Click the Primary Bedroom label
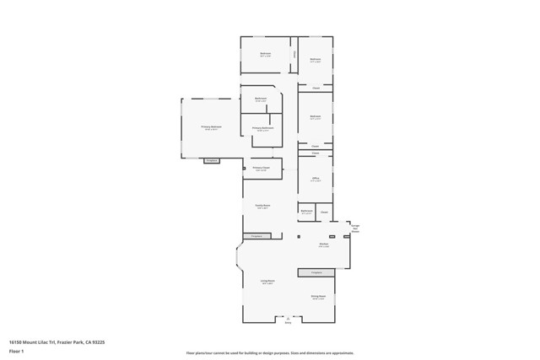click(211, 127)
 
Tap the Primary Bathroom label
click(262, 129)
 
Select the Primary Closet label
click(260, 168)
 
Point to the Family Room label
click(262, 206)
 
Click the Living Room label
click(267, 282)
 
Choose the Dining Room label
click(317, 297)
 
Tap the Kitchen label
click(323, 245)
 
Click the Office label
click(316, 179)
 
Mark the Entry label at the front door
click(288, 321)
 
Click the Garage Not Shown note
click(355, 228)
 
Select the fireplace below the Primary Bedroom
click(212, 160)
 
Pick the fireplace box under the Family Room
click(257, 236)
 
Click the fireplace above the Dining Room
click(316, 272)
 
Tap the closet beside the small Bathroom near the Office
click(324, 211)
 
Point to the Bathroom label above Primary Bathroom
click(261, 99)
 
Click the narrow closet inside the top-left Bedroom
click(294, 55)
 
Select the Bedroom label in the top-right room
click(315, 59)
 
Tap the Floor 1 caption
click(16, 351)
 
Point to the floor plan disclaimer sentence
click(270, 353)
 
